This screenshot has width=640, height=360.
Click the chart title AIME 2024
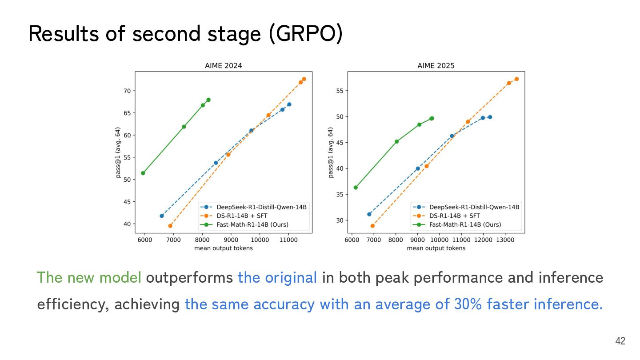point(223,66)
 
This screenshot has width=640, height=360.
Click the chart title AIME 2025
point(436,66)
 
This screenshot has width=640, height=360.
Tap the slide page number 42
point(620,341)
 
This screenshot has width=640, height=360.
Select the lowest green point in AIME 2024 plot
point(143,173)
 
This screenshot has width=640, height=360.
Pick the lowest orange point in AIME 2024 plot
point(170,226)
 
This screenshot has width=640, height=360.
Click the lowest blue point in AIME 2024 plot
point(162,216)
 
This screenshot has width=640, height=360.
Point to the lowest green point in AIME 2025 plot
point(356,188)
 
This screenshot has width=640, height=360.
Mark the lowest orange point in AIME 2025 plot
point(372,226)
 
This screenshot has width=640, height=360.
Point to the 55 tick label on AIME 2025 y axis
point(339,91)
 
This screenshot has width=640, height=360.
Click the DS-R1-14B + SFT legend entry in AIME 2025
point(456,216)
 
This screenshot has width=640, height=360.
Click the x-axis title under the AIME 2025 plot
point(436,248)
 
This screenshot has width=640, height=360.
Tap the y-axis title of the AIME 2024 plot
point(118,152)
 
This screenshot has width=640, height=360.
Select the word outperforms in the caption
point(189,278)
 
